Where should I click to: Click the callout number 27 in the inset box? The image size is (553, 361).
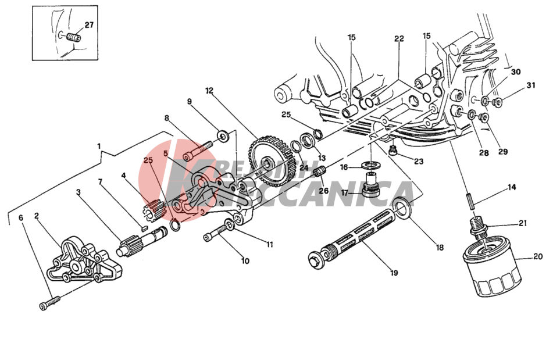click(x=88, y=25)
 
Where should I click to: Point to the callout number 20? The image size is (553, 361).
click(x=537, y=256)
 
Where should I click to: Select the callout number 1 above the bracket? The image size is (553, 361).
click(x=99, y=145)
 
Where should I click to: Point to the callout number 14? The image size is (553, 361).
click(x=512, y=187)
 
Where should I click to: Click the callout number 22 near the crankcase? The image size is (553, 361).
click(x=398, y=39)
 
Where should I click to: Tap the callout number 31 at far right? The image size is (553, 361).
click(x=530, y=85)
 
